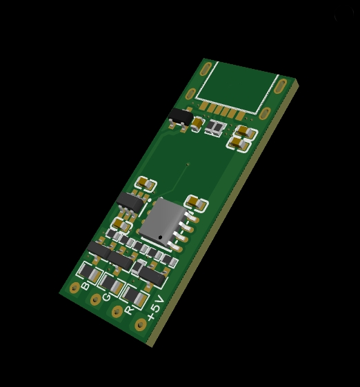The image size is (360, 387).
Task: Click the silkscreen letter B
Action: click(x=85, y=286)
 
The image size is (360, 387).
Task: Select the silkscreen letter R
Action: click(x=128, y=310)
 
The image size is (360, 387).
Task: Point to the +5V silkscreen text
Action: click(x=155, y=308)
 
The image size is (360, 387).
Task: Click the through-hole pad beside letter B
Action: click(x=74, y=288)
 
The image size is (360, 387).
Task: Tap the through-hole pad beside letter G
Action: click(x=95, y=300)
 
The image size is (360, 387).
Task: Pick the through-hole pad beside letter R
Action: click(x=117, y=312)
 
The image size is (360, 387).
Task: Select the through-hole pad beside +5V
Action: click(x=141, y=324)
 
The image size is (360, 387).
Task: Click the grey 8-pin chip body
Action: click(x=163, y=221)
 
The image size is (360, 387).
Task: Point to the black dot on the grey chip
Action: click(x=161, y=237)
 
